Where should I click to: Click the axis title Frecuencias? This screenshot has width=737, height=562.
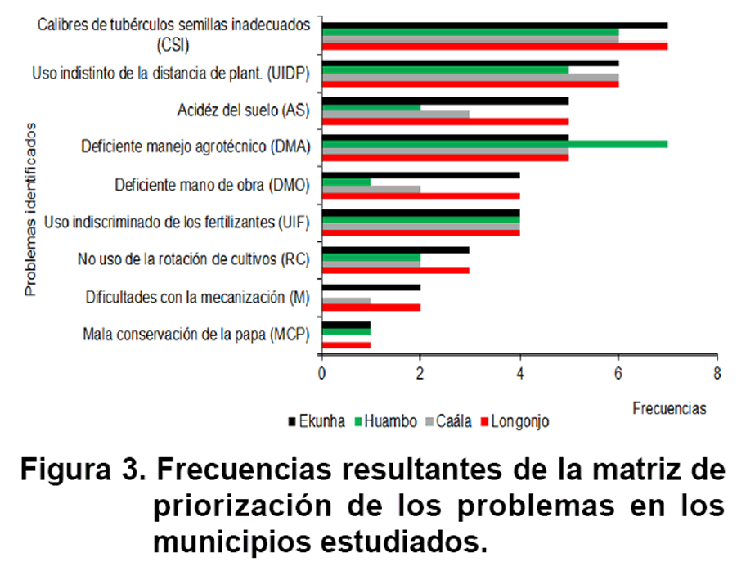669,407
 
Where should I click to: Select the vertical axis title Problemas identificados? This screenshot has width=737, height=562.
30,209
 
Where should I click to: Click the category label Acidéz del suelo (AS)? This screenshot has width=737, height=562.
243,109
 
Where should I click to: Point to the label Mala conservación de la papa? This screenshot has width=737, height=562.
196,335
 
